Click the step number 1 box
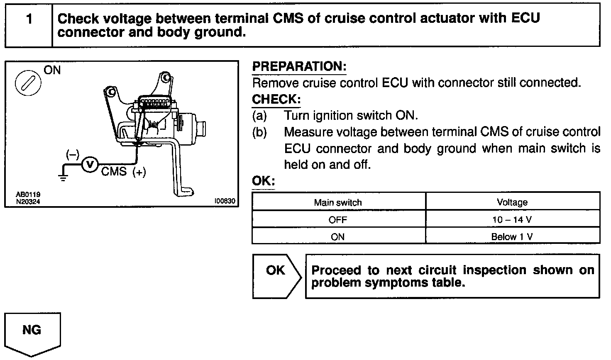click(x=29, y=19)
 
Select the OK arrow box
click(x=276, y=276)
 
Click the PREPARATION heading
click(x=299, y=66)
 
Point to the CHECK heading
click(x=276, y=100)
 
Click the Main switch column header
click(x=338, y=202)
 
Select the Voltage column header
click(x=512, y=202)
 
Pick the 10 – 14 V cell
click(x=512, y=220)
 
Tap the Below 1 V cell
click(x=512, y=237)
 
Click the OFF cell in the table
click(x=338, y=220)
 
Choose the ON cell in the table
click(x=338, y=237)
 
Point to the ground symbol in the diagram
click(x=62, y=176)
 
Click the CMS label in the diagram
click(x=114, y=171)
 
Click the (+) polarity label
click(x=139, y=172)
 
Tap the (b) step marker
click(x=260, y=132)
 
